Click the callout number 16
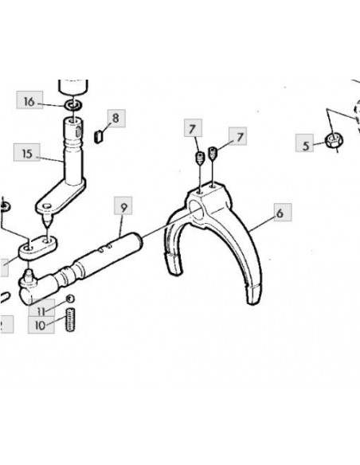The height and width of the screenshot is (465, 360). pos(29,101)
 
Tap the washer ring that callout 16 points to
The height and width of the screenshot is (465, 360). pos(73,104)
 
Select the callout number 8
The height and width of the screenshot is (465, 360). pos(115,118)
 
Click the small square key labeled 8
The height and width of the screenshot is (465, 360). pos(99,135)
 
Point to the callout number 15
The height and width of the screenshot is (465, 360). pos(27,154)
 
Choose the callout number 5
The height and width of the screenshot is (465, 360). pos(305,146)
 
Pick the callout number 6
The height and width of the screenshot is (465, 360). pos(280,213)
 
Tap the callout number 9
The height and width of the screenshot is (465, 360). pos(123,208)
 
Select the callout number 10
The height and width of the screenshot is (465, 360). pos(40,326)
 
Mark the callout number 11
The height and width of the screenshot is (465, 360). pos(41,311)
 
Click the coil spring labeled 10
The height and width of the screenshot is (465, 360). pos(70,320)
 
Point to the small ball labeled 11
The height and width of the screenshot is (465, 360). pos(70,299)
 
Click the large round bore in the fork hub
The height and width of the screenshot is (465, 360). pos(196,209)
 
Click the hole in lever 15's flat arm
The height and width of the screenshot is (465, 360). pos(47,205)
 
